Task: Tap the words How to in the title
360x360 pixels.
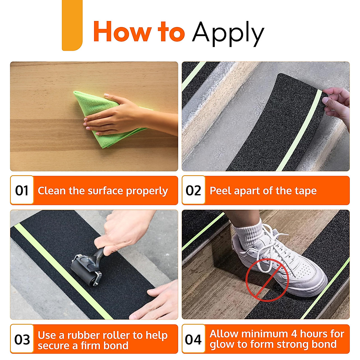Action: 139,31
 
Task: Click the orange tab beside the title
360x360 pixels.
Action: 72,25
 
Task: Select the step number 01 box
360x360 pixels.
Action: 22,190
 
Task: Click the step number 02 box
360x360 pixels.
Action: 193,190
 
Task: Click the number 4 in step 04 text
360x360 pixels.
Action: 294,334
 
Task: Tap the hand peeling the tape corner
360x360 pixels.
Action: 337,106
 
